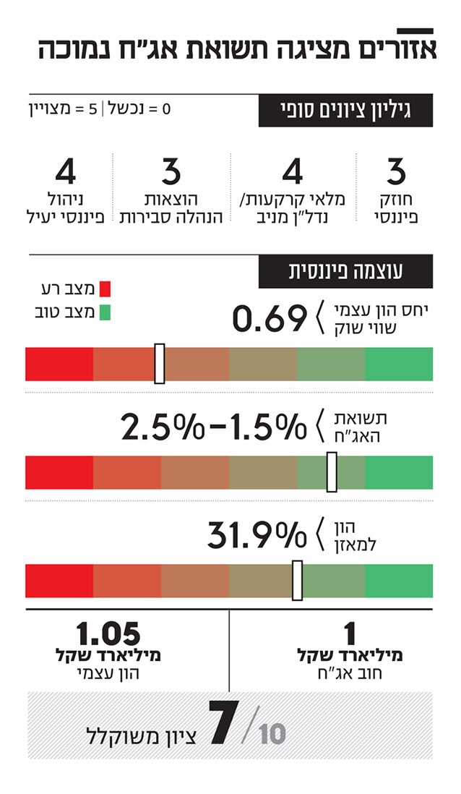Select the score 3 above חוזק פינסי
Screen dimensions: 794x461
click(x=396, y=172)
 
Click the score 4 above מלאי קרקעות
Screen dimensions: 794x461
click(x=292, y=172)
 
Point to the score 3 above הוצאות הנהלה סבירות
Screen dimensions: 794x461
click(x=171, y=172)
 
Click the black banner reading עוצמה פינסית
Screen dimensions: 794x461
click(x=345, y=271)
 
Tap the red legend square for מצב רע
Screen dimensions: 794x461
click(x=105, y=290)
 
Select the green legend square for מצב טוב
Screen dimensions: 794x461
click(x=105, y=313)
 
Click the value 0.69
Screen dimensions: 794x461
click(x=270, y=318)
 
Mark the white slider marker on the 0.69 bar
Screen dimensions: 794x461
click(x=160, y=364)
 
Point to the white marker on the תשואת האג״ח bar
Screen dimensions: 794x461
click(x=332, y=472)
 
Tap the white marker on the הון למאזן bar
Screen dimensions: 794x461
click(x=297, y=581)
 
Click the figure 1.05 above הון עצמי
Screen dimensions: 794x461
click(x=108, y=634)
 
